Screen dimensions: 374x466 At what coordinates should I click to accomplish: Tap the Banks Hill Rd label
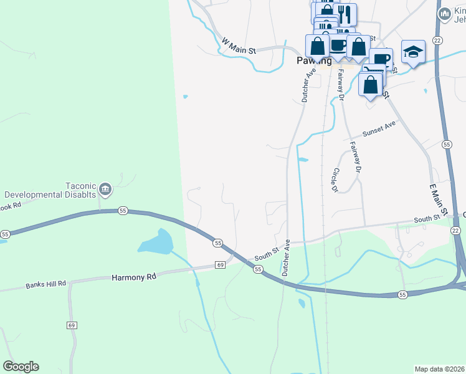[45, 285]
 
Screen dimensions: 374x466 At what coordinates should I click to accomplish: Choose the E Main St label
[439, 199]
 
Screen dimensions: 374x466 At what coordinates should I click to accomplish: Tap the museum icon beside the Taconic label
[105, 188]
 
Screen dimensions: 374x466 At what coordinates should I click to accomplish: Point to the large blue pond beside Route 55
[156, 242]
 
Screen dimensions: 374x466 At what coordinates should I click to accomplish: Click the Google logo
[21, 367]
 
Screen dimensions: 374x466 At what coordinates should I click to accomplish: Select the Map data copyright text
[439, 368]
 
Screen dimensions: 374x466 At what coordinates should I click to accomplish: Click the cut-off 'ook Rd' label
[11, 204]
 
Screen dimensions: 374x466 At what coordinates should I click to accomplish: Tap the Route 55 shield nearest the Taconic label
[122, 211]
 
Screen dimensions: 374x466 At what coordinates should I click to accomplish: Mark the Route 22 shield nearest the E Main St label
[455, 231]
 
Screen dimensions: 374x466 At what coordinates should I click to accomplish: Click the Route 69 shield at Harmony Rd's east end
[220, 265]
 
